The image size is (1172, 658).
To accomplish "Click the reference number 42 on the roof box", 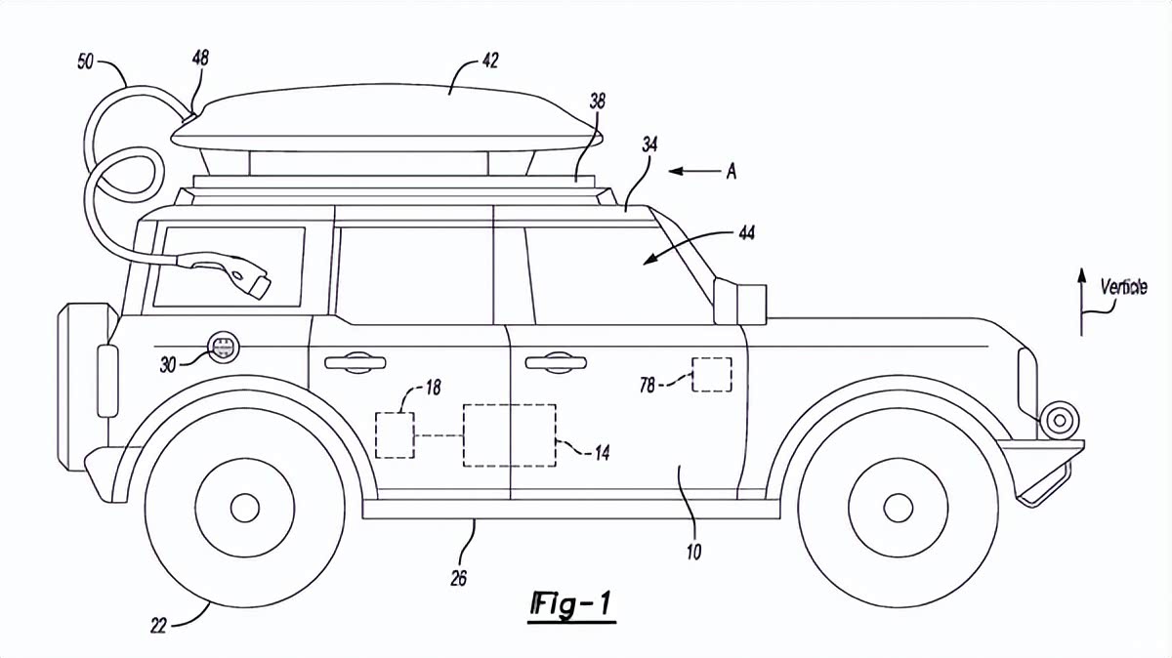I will pyautogui.click(x=488, y=61).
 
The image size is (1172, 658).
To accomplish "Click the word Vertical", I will pyautogui.click(x=1123, y=288).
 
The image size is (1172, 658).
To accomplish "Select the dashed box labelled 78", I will pyautogui.click(x=712, y=375).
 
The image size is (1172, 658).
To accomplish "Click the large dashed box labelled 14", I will pyautogui.click(x=509, y=434).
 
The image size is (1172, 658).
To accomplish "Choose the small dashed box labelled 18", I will pyautogui.click(x=396, y=434).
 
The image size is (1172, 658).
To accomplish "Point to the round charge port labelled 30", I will pyautogui.click(x=224, y=346).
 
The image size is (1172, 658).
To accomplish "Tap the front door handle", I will pyautogui.click(x=555, y=363).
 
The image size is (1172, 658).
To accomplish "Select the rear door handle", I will pyautogui.click(x=355, y=363).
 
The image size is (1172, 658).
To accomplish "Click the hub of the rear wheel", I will pyautogui.click(x=244, y=508).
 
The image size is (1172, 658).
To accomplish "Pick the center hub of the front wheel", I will pyautogui.click(x=898, y=508).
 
